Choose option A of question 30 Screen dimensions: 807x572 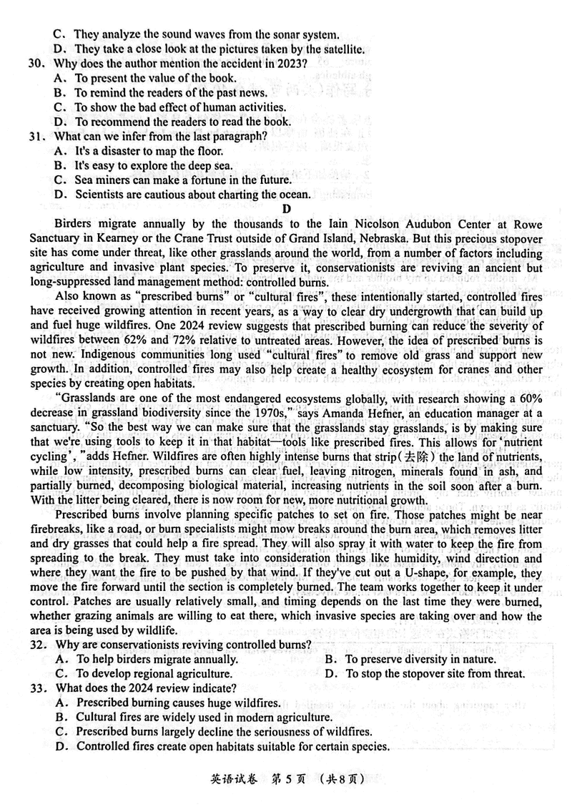pyautogui.click(x=60, y=78)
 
